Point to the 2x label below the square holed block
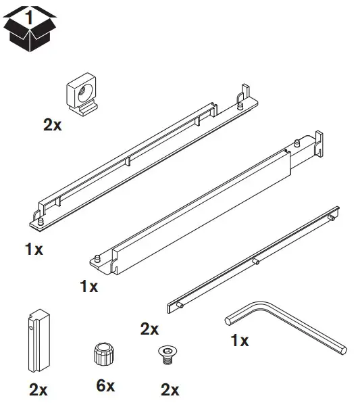click(x=53, y=125)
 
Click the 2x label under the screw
click(x=169, y=389)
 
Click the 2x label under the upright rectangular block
click(x=38, y=389)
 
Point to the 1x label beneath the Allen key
click(x=238, y=341)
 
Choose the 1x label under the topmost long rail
click(x=34, y=249)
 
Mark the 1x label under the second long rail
click(x=88, y=286)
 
